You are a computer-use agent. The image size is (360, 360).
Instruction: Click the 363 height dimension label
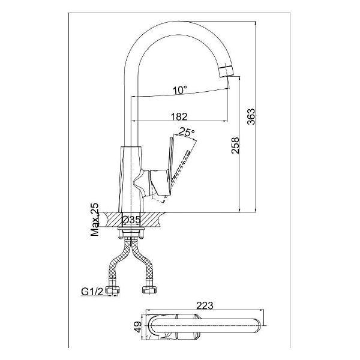[251, 116]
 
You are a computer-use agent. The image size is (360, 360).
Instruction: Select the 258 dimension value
[235, 145]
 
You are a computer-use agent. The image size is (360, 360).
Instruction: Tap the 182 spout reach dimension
[179, 116]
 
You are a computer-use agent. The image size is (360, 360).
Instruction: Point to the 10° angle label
[180, 90]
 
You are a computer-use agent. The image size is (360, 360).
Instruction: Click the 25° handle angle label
[187, 132]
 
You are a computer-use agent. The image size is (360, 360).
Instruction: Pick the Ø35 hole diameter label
[131, 220]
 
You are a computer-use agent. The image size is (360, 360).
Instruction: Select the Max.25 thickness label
[95, 220]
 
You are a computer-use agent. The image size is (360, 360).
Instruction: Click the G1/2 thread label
[92, 292]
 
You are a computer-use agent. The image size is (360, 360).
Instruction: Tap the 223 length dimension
[205, 305]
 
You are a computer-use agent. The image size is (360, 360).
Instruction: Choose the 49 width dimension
[138, 327]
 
